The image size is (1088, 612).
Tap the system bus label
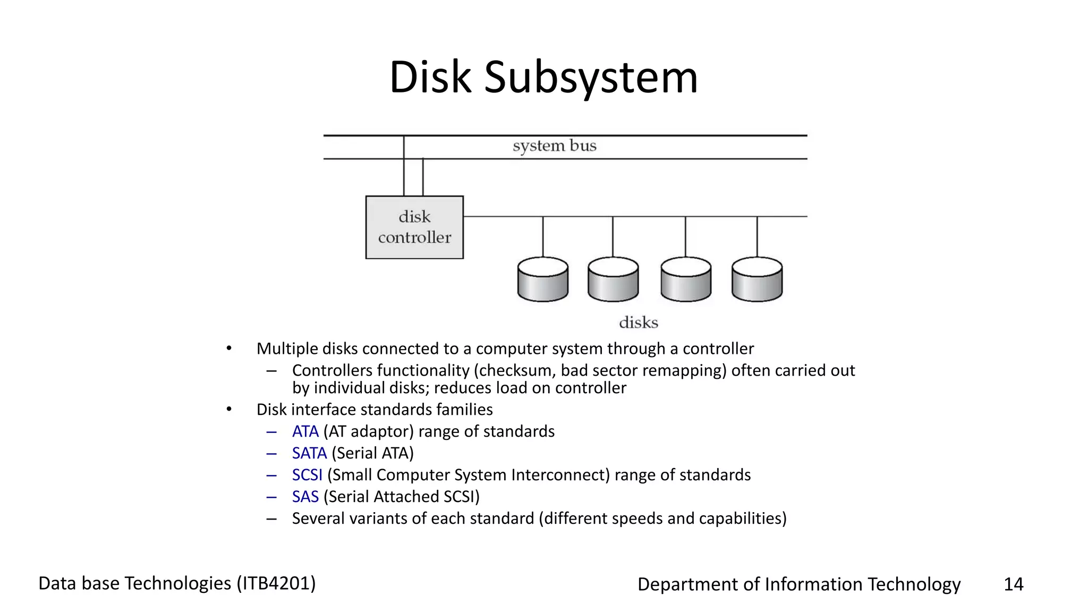coord(554,146)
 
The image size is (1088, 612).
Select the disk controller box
coord(414,227)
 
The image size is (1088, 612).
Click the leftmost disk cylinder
coord(542,280)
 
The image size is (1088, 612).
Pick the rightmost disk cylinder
coord(756,280)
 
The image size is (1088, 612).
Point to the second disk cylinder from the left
coord(613,280)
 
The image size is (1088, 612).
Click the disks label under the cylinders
coord(638,322)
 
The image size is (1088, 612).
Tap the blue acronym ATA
coord(305,431)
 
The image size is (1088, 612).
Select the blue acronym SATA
coord(309,453)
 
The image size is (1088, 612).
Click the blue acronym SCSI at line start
coord(307,475)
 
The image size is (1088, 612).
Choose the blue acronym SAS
coord(305,497)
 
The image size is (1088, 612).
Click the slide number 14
coord(1013,584)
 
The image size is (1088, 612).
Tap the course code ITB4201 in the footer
coord(276,583)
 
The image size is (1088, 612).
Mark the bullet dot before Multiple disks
coord(229,348)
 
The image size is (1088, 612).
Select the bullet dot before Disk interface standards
coord(229,410)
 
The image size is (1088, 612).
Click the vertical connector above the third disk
coord(685,236)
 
